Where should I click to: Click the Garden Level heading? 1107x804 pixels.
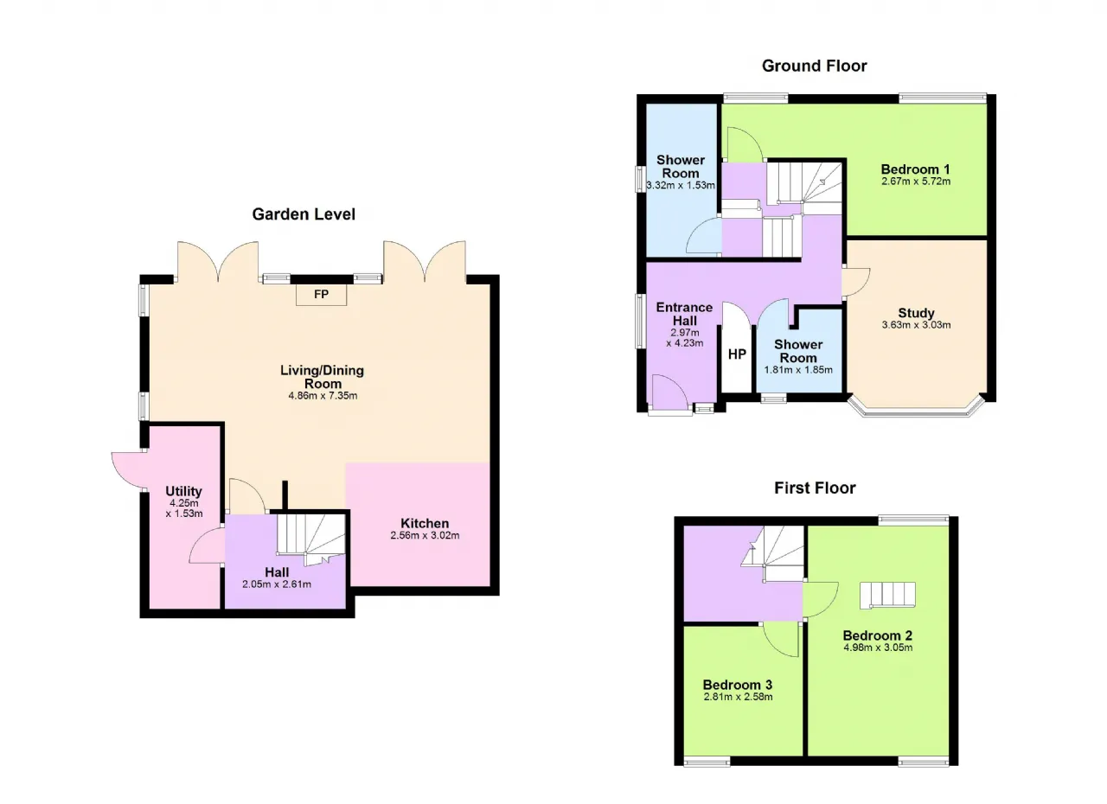click(304, 214)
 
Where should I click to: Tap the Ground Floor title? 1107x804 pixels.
click(815, 66)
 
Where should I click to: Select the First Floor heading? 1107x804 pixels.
click(815, 488)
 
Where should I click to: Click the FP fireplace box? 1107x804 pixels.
click(321, 294)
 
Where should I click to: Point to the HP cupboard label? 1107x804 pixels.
click(737, 354)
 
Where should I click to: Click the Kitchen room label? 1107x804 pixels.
click(425, 523)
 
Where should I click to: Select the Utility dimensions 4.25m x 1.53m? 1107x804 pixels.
click(184, 508)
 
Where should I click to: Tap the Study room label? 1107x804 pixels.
click(916, 313)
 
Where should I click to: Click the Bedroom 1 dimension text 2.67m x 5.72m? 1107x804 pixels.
click(916, 182)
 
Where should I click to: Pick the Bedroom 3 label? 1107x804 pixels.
click(738, 685)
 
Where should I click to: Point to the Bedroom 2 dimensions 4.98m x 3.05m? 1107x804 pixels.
click(878, 648)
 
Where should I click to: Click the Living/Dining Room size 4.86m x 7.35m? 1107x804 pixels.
click(323, 396)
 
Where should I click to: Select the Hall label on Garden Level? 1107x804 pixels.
click(277, 572)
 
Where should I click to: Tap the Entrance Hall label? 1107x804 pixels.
click(684, 314)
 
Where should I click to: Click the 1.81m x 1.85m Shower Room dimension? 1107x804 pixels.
click(798, 369)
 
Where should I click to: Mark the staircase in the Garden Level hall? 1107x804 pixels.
click(310, 539)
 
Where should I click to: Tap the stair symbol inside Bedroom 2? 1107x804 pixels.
click(887, 595)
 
